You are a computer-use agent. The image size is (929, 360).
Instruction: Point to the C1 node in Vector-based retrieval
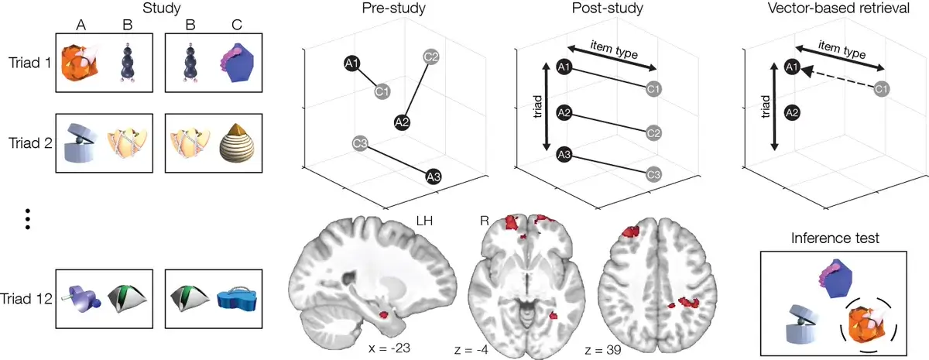click(880, 90)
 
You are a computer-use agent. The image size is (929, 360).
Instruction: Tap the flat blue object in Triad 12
click(238, 301)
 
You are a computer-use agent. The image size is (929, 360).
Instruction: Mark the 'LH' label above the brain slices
click(424, 221)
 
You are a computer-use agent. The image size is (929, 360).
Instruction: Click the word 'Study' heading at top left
click(158, 9)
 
